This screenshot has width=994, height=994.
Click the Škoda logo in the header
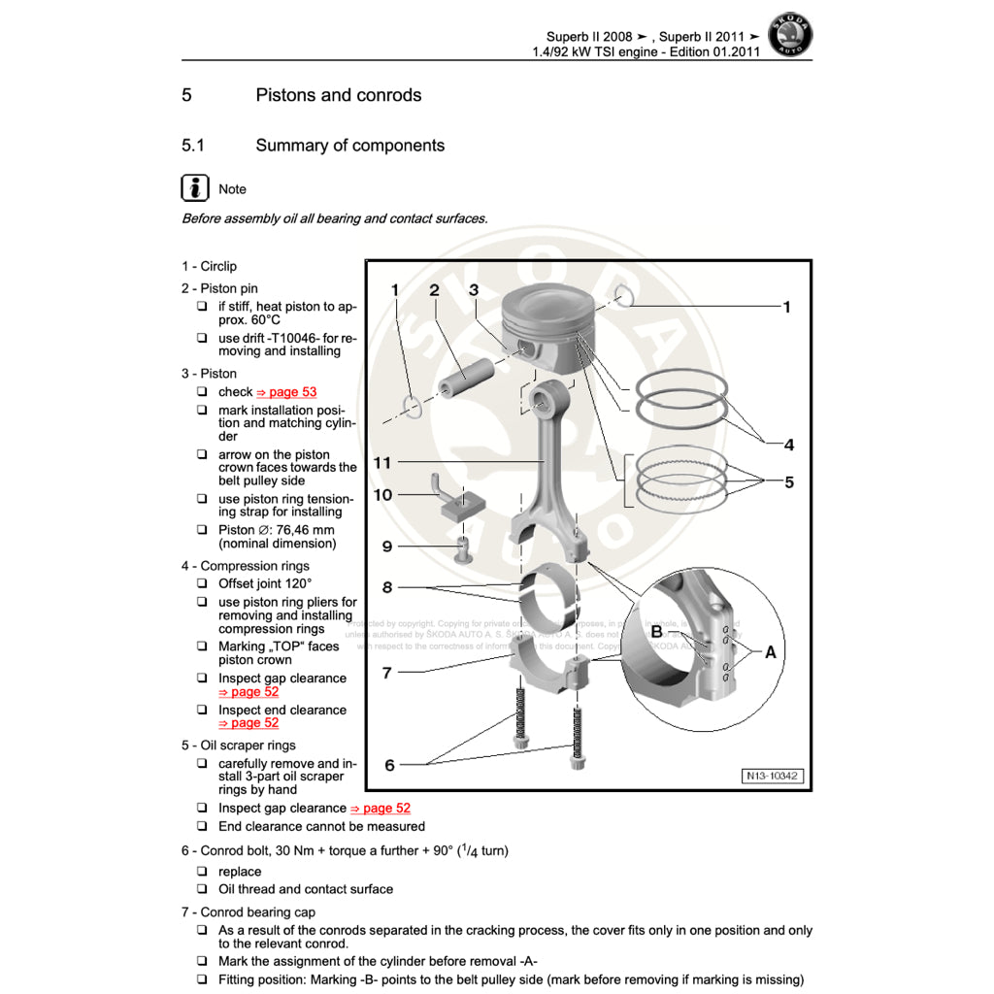click(x=790, y=36)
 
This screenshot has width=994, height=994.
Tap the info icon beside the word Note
click(x=195, y=188)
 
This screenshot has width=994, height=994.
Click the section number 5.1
click(x=192, y=146)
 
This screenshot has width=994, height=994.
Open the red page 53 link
click(x=286, y=392)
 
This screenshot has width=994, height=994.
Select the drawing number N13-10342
click(x=773, y=776)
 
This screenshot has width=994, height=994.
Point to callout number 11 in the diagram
click(x=382, y=463)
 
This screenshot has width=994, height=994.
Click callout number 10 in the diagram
click(x=382, y=495)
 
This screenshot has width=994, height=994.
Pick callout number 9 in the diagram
click(x=386, y=547)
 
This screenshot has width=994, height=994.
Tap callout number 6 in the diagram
click(x=389, y=765)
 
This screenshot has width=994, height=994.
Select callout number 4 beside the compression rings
click(x=788, y=445)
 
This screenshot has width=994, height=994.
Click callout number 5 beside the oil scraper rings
click(x=788, y=481)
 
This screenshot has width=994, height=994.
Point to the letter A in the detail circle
click(x=770, y=652)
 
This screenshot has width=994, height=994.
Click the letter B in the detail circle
click(x=657, y=632)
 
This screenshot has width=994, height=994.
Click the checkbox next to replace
click(x=202, y=872)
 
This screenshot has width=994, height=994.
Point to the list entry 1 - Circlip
click(x=209, y=266)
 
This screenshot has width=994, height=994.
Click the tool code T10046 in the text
click(x=290, y=338)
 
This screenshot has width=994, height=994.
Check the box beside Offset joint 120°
click(x=202, y=584)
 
